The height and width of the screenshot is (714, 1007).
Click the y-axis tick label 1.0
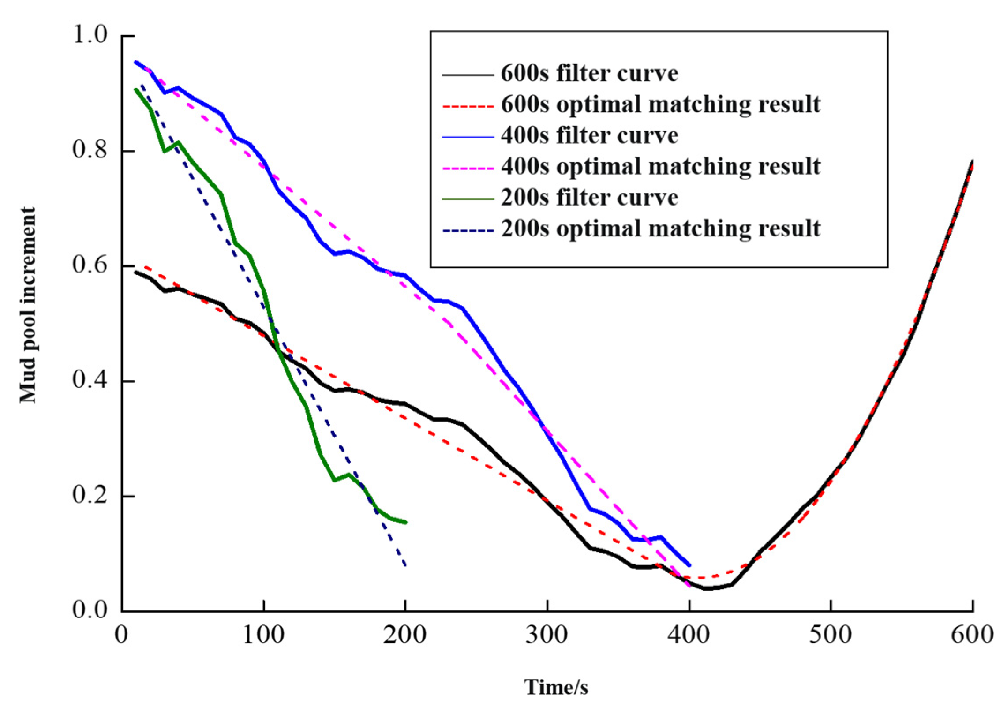90,35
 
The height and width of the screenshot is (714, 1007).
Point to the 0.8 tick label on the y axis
90,150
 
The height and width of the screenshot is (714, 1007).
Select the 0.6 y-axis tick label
90,266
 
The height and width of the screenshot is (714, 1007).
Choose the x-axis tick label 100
263,635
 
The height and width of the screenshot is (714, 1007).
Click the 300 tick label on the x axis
547,635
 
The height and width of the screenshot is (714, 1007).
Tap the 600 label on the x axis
972,635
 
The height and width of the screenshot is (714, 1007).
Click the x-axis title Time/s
556,687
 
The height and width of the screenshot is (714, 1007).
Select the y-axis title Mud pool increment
27,305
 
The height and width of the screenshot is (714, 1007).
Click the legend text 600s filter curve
589,74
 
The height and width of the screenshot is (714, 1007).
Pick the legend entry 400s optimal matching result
660,167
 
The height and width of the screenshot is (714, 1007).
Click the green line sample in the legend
468,199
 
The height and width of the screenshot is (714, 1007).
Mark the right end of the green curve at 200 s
406,523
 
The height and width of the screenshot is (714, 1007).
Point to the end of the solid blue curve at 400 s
689,565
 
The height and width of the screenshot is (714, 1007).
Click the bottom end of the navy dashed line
405,565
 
